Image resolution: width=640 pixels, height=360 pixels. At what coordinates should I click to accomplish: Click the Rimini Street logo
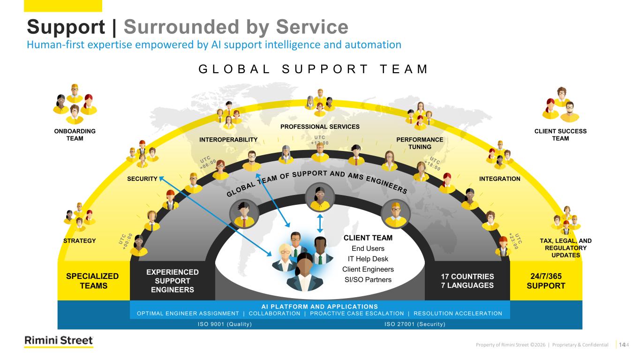tap(59, 341)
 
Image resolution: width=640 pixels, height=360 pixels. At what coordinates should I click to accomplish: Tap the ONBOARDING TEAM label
tap(75, 135)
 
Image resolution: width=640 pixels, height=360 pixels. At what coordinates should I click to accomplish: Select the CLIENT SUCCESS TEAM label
tap(560, 135)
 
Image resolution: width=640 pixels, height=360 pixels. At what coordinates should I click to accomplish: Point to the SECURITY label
tap(142, 179)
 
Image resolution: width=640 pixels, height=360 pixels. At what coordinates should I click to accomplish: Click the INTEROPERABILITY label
tap(228, 140)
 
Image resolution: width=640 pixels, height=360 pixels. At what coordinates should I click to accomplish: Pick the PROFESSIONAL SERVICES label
tap(320, 127)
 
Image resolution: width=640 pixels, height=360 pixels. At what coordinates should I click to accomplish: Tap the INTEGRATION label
tap(499, 179)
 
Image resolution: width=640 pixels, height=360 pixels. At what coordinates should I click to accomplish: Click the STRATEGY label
tap(79, 241)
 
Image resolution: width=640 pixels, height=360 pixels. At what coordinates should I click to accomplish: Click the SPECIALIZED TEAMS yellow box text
tap(92, 281)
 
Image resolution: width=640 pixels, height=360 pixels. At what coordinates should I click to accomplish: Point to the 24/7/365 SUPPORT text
tap(546, 281)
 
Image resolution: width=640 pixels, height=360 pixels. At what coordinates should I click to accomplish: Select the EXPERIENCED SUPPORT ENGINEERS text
tap(173, 281)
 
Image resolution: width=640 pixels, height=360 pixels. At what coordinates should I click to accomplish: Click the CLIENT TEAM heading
tap(368, 238)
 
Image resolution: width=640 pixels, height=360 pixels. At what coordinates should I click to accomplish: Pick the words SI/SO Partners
tap(368, 280)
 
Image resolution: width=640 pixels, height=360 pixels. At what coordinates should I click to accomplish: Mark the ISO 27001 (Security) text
tap(414, 324)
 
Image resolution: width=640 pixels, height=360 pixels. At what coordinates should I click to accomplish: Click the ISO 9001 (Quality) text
tap(225, 324)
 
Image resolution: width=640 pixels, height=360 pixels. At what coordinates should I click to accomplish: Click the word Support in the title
tap(66, 27)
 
